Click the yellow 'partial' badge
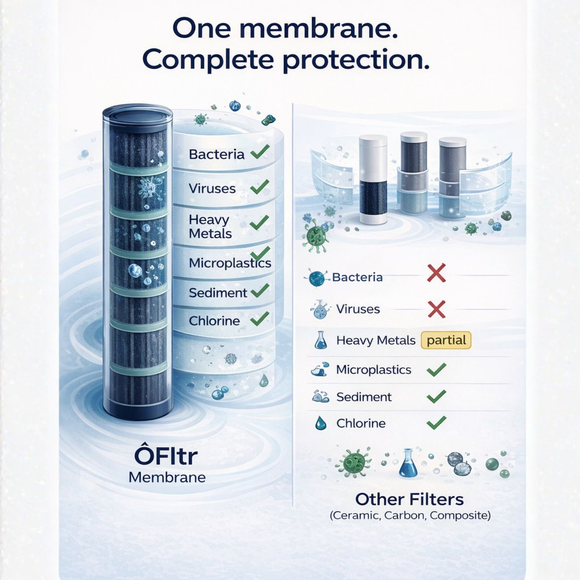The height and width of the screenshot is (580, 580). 446,340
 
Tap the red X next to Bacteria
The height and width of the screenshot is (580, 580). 436,273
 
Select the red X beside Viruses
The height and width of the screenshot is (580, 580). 436,309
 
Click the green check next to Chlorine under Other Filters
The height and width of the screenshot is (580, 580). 436,423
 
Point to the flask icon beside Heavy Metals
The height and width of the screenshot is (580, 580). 320,340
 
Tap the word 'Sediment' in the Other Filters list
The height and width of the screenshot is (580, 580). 364,397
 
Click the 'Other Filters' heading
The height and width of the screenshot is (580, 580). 410,500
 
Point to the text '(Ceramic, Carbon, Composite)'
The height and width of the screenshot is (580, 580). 410,516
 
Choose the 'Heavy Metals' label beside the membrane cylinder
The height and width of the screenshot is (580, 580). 210,227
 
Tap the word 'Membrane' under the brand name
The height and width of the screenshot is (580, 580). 167,477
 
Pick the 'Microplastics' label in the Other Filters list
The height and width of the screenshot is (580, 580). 373,370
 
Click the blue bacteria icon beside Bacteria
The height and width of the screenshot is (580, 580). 317,278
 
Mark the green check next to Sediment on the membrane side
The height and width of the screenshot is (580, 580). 260,290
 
